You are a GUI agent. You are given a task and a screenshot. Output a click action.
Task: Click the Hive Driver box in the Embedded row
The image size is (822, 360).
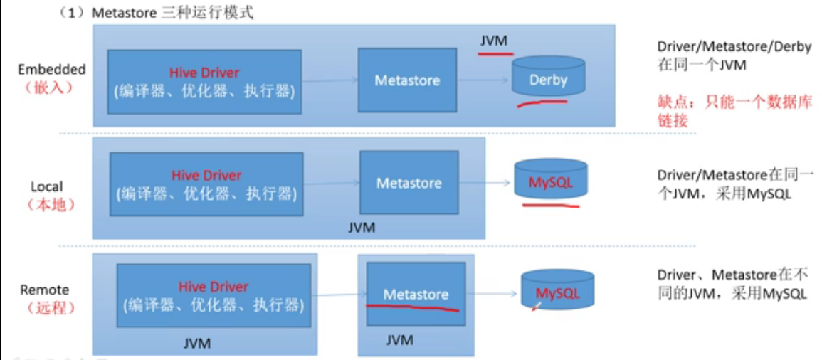204,82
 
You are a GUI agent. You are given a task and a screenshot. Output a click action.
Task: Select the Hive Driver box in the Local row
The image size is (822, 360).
206,184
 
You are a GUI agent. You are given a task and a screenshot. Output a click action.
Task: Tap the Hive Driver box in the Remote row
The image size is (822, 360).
214,295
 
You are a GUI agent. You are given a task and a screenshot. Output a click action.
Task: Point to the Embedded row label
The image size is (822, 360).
51,78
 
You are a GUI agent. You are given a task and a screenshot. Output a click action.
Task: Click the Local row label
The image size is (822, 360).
51,195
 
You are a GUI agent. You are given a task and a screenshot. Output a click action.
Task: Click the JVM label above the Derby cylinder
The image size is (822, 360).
494,41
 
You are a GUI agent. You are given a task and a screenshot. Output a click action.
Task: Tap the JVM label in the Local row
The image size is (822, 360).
362,228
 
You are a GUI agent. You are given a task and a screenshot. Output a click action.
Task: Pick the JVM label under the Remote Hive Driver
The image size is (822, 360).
197,344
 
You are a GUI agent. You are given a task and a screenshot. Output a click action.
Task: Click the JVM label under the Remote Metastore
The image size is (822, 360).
399,340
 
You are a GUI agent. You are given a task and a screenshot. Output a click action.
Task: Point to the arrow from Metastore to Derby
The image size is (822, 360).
483,80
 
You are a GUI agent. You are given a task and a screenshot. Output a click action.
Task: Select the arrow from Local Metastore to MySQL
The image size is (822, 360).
485,182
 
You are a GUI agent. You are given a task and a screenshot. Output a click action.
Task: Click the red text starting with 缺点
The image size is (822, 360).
735,110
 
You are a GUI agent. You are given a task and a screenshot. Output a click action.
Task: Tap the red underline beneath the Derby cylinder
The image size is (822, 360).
542,103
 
